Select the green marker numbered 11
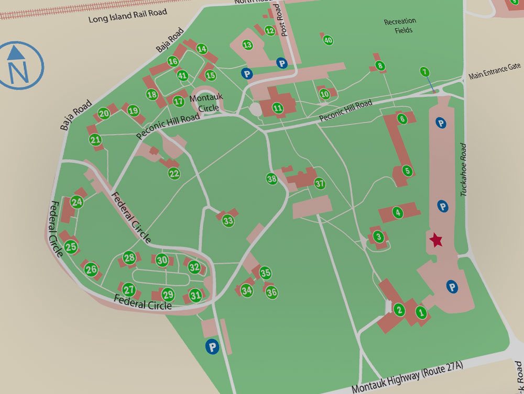[278, 108]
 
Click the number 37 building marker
[320, 183]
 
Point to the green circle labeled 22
[174, 174]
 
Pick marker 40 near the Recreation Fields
[328, 40]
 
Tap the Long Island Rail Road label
[127, 16]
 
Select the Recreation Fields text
[400, 26]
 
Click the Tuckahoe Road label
[463, 170]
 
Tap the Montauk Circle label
[206, 103]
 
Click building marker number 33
[228, 221]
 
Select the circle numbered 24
[77, 202]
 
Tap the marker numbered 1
[421, 312]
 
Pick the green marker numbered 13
[247, 45]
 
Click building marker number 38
[271, 179]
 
